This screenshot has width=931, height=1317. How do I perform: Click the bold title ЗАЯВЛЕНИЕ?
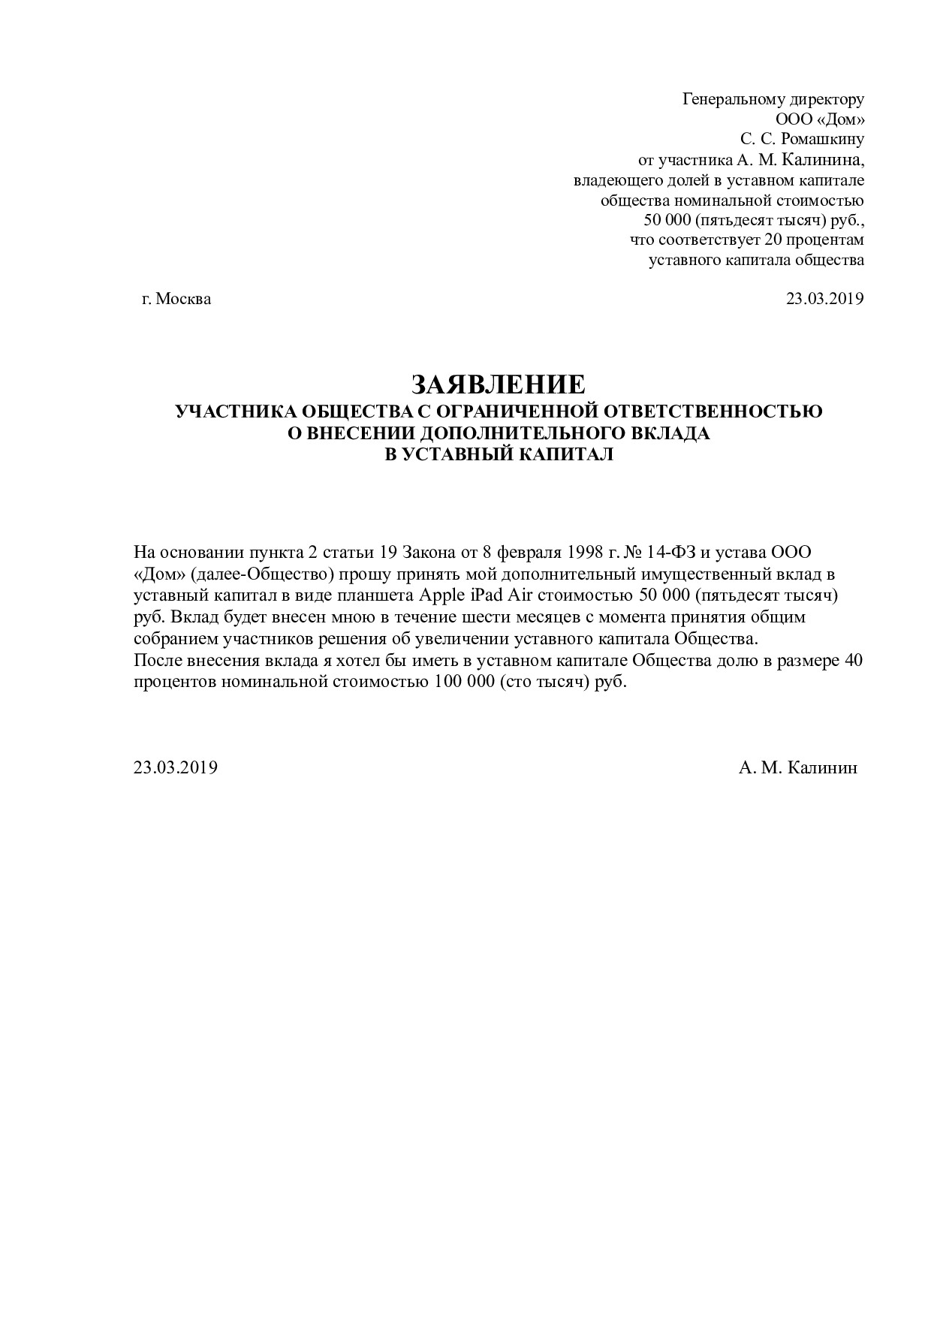click(x=498, y=384)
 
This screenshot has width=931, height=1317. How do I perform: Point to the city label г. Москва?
click(x=176, y=299)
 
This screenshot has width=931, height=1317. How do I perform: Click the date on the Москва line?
click(x=824, y=299)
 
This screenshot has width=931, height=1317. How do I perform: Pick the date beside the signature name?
click(x=176, y=767)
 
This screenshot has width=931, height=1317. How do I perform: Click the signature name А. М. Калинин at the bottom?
click(x=797, y=767)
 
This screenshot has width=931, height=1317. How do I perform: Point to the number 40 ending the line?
click(x=854, y=662)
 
